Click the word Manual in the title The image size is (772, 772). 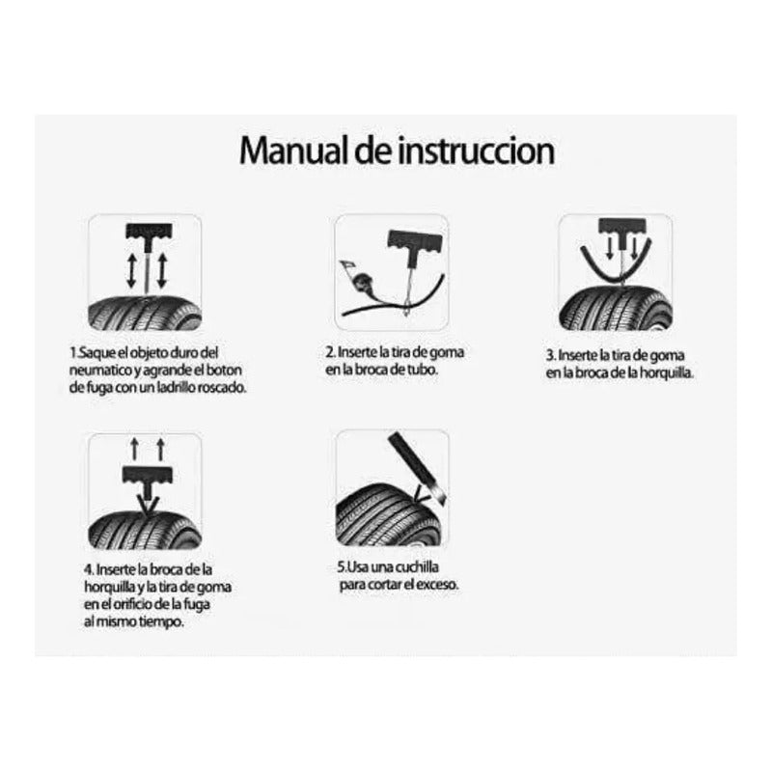(x=294, y=151)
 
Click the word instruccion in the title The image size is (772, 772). (x=476, y=151)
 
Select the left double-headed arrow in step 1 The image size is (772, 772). (x=131, y=270)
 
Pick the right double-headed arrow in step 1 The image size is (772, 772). (x=162, y=270)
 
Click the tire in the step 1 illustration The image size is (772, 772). (x=145, y=313)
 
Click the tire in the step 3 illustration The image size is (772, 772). (x=616, y=309)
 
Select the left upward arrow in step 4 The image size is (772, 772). (x=134, y=450)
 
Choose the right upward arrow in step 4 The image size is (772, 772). (x=160, y=450)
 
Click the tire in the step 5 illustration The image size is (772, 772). (x=389, y=516)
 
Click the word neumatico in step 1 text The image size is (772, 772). (x=100, y=371)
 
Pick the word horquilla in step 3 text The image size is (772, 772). (x=666, y=372)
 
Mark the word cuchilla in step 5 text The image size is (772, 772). (x=416, y=567)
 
